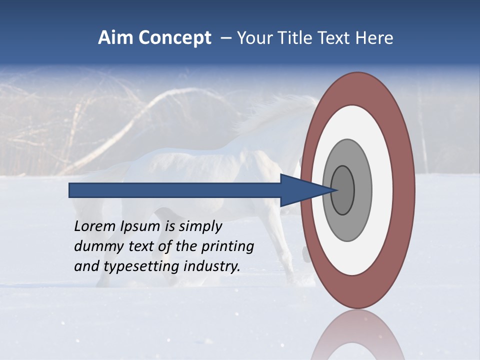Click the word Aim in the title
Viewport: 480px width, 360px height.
(116, 38)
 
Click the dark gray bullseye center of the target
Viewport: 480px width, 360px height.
(343, 190)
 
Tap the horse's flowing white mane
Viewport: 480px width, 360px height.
(280, 112)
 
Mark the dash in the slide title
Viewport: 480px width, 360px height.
(226, 38)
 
